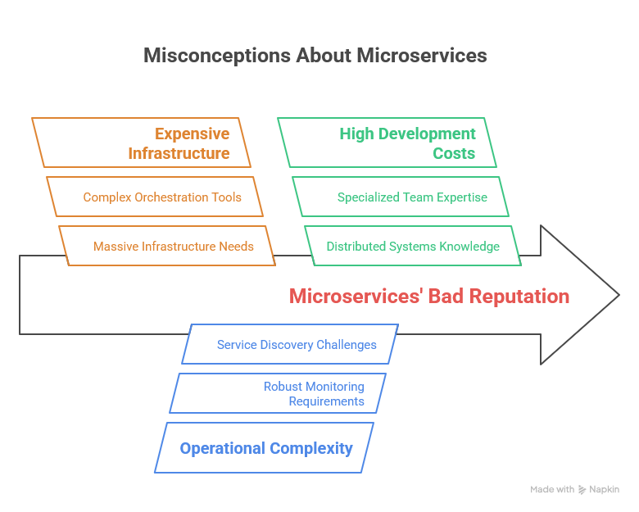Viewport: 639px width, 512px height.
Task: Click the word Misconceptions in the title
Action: tap(217, 56)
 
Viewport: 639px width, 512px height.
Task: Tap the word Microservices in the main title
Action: tap(422, 56)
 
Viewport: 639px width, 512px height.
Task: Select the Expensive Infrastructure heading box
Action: tap(141, 143)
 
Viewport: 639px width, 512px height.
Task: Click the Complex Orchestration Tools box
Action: tap(155, 197)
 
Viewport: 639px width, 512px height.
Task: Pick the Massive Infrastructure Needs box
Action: tap(167, 246)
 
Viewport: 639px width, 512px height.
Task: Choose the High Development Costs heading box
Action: tap(387, 143)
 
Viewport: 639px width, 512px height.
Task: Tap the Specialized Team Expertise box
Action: tap(401, 197)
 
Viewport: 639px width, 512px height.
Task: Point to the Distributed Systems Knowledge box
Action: tap(413, 246)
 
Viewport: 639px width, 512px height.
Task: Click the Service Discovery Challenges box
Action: tap(290, 344)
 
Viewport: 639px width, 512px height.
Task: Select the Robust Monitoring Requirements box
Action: tap(278, 393)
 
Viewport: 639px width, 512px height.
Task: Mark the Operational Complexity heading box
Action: tap(264, 447)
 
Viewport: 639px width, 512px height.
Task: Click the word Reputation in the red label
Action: tap(519, 297)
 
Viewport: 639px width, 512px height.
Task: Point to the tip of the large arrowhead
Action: tap(619, 295)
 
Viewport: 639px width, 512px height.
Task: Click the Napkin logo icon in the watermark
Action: tap(582, 490)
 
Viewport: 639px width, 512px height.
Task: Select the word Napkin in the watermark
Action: tap(605, 489)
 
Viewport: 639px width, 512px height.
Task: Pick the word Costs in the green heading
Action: tap(454, 153)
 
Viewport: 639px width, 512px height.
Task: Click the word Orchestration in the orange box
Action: tap(171, 197)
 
